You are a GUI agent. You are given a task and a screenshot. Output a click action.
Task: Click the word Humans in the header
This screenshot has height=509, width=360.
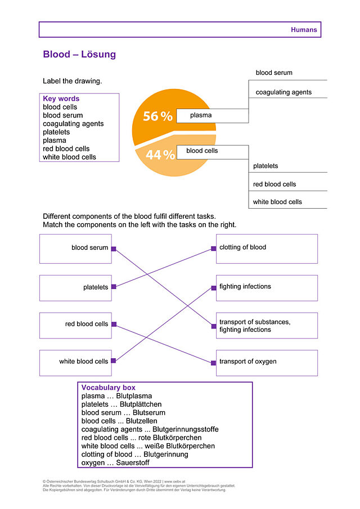pos(304,30)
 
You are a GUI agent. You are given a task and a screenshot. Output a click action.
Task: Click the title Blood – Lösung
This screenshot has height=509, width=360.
pos(79,54)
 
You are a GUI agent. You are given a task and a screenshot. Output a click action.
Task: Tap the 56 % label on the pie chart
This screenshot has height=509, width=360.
pos(157,116)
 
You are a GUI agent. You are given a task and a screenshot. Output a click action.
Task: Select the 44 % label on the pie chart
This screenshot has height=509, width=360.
pos(160,155)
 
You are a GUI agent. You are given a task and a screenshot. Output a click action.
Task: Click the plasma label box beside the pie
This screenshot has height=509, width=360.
pos(213,115)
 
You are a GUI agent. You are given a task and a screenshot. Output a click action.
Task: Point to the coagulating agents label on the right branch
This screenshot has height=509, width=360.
pos(283,92)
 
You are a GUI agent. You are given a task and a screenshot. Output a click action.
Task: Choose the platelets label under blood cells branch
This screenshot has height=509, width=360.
pos(265,166)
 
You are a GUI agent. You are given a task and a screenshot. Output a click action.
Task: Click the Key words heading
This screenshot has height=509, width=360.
pos(61,98)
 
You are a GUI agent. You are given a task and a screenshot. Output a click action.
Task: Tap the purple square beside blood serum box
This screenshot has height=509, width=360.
pos(114,249)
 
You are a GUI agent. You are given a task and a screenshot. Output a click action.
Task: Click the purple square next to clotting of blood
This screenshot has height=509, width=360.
pos(214,249)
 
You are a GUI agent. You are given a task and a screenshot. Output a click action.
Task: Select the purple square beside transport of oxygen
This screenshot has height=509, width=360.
pos(213,363)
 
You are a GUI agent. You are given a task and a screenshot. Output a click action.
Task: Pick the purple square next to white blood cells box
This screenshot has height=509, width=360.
pos(113,361)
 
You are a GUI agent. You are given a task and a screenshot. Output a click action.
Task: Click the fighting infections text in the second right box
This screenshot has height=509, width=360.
pos(245,286)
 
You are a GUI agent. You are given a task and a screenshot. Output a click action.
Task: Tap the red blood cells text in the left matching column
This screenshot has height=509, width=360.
pos(87,324)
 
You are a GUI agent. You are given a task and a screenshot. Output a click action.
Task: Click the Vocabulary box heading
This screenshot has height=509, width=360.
pos(109,388)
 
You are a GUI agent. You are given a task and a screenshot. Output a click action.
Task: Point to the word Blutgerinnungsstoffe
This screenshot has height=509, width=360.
pos(186,429)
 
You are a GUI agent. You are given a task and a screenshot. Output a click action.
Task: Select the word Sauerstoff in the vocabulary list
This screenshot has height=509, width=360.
pos(133,462)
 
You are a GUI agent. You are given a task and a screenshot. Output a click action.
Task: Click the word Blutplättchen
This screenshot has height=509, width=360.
pos(141,404)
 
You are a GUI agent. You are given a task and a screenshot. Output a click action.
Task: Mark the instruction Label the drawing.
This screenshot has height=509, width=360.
pos(73,81)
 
